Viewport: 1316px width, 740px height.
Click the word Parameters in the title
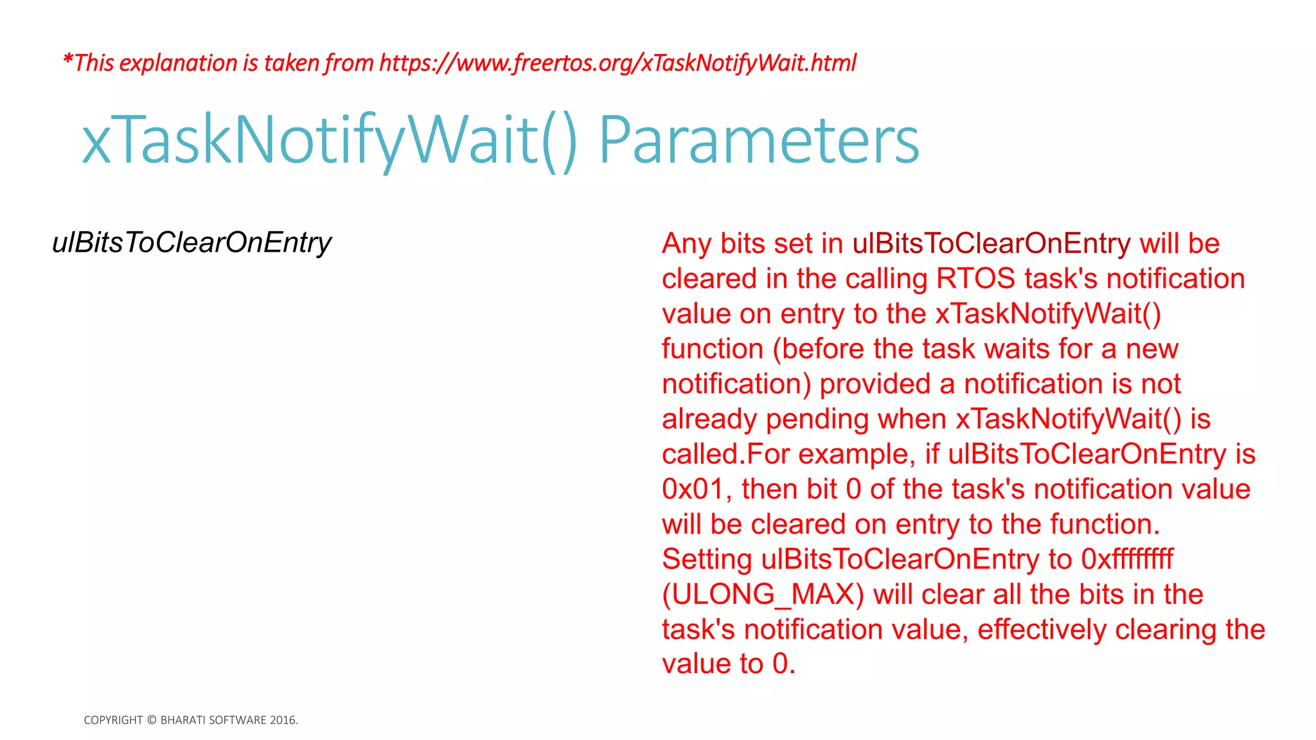coord(759,141)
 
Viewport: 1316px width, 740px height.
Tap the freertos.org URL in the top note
coord(618,63)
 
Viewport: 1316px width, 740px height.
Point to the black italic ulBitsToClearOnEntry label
coord(191,243)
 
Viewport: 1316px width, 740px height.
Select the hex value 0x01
coord(693,489)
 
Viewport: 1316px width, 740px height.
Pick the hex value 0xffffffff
coord(1127,559)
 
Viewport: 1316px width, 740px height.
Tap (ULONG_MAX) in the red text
coord(763,595)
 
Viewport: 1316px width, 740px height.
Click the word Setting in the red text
coord(707,559)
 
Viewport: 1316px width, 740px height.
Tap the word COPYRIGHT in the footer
coord(113,720)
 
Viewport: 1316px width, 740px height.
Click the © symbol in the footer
coord(152,720)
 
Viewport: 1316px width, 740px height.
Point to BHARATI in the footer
coord(181,720)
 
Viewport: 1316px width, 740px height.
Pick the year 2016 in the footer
coord(283,720)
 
